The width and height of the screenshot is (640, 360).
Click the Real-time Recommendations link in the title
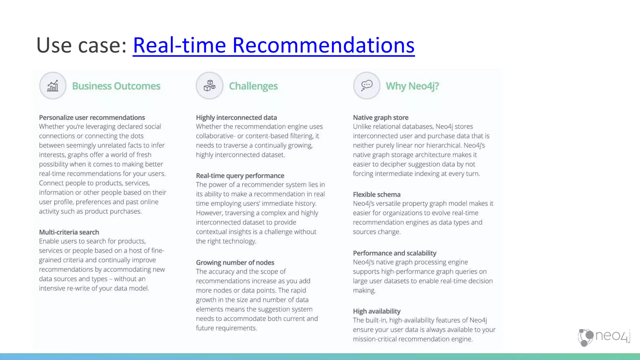coord(273,46)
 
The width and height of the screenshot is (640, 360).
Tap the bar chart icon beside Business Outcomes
coord(53,86)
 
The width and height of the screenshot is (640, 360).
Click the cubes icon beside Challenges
coord(209,86)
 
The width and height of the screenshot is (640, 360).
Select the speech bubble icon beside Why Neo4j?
coord(367,86)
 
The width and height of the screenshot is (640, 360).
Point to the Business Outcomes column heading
coord(116,86)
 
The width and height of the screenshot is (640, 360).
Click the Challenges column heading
coord(253,86)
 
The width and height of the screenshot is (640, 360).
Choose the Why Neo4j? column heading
coord(412,86)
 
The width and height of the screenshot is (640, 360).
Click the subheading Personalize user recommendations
coord(92,117)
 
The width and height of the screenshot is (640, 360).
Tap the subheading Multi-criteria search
coord(69,232)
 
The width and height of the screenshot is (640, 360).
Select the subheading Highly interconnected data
coord(236,117)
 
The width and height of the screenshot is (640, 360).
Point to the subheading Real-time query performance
coord(240,176)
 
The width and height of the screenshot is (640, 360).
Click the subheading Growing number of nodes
coord(235,262)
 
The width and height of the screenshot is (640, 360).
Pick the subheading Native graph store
coord(381,117)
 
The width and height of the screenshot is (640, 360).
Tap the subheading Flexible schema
coord(377,194)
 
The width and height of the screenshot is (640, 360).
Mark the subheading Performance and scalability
coord(394,253)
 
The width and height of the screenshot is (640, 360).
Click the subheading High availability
coord(377,311)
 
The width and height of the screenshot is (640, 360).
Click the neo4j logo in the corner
coord(603,337)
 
